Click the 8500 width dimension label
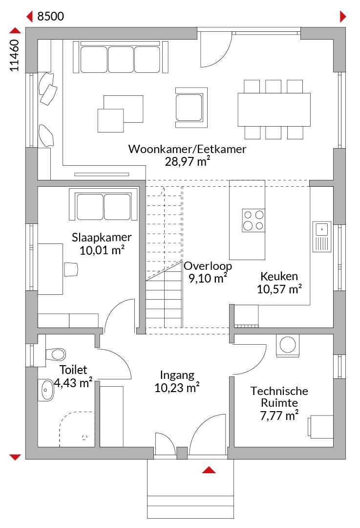(x=50, y=16)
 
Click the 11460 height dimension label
(x=15, y=56)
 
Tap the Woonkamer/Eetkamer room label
(x=187, y=149)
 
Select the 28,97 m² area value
(x=188, y=162)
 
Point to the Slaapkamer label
(x=101, y=238)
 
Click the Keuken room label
(x=279, y=276)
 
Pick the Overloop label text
(x=208, y=266)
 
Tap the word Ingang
(x=177, y=375)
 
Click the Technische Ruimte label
(x=279, y=396)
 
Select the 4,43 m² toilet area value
(x=73, y=383)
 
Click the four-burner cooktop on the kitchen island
(x=254, y=220)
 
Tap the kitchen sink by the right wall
(x=321, y=237)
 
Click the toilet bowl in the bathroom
(x=55, y=354)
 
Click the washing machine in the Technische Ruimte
(x=287, y=345)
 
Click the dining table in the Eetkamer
(x=274, y=110)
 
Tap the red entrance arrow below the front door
(x=209, y=470)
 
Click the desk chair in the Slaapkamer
(x=71, y=269)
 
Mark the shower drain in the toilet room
(x=85, y=438)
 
